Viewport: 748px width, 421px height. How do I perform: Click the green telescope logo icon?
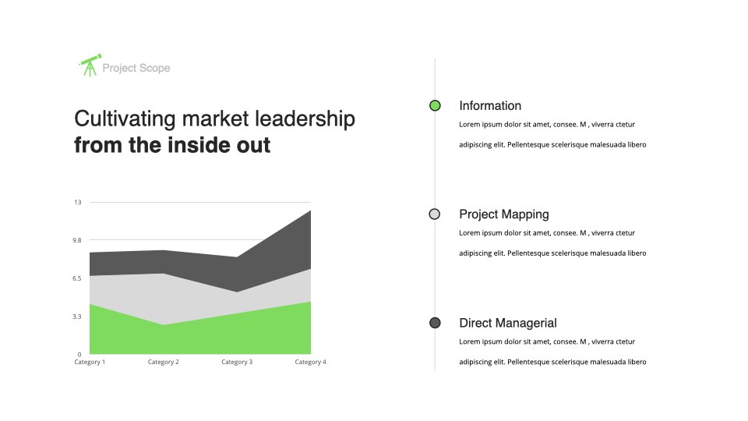pos(90,65)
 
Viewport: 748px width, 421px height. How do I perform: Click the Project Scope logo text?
pos(136,69)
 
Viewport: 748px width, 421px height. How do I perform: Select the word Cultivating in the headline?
pos(125,119)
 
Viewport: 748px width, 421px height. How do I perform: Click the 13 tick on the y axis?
pos(78,203)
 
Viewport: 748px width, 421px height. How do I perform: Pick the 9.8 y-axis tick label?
pos(77,240)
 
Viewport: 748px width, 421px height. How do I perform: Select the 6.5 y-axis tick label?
pos(77,278)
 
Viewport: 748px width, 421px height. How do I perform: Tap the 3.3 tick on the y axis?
pos(77,317)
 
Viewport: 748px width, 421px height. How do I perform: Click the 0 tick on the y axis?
pos(79,354)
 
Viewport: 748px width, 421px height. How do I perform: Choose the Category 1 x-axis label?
pos(90,362)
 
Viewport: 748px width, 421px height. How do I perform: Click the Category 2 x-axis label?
pos(163,362)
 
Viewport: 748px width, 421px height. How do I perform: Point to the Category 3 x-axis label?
pos(237,362)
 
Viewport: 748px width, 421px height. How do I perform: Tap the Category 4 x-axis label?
pos(311,362)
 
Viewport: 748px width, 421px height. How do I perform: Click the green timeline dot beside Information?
pos(435,105)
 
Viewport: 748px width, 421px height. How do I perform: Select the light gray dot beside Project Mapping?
pos(435,214)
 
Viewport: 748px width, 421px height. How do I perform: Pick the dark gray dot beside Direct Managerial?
pos(435,323)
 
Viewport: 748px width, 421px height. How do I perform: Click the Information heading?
pos(490,105)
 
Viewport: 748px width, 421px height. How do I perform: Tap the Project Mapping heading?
pos(504,214)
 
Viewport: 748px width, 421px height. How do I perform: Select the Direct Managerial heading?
pos(508,323)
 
